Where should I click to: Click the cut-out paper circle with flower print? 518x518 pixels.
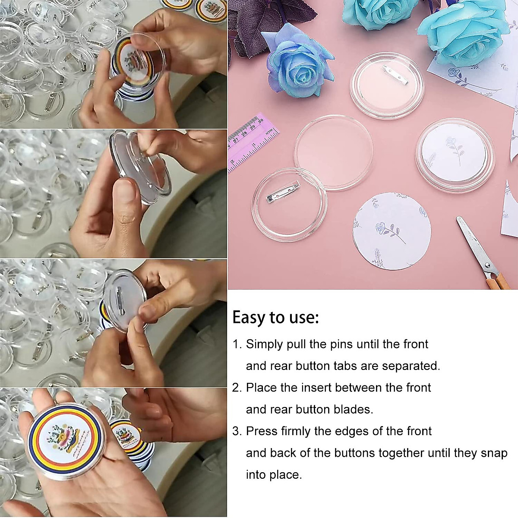point(391,231)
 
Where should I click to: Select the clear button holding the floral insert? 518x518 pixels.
point(455,155)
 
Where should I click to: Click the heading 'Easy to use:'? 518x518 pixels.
point(275,318)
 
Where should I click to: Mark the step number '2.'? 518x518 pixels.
point(237,388)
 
